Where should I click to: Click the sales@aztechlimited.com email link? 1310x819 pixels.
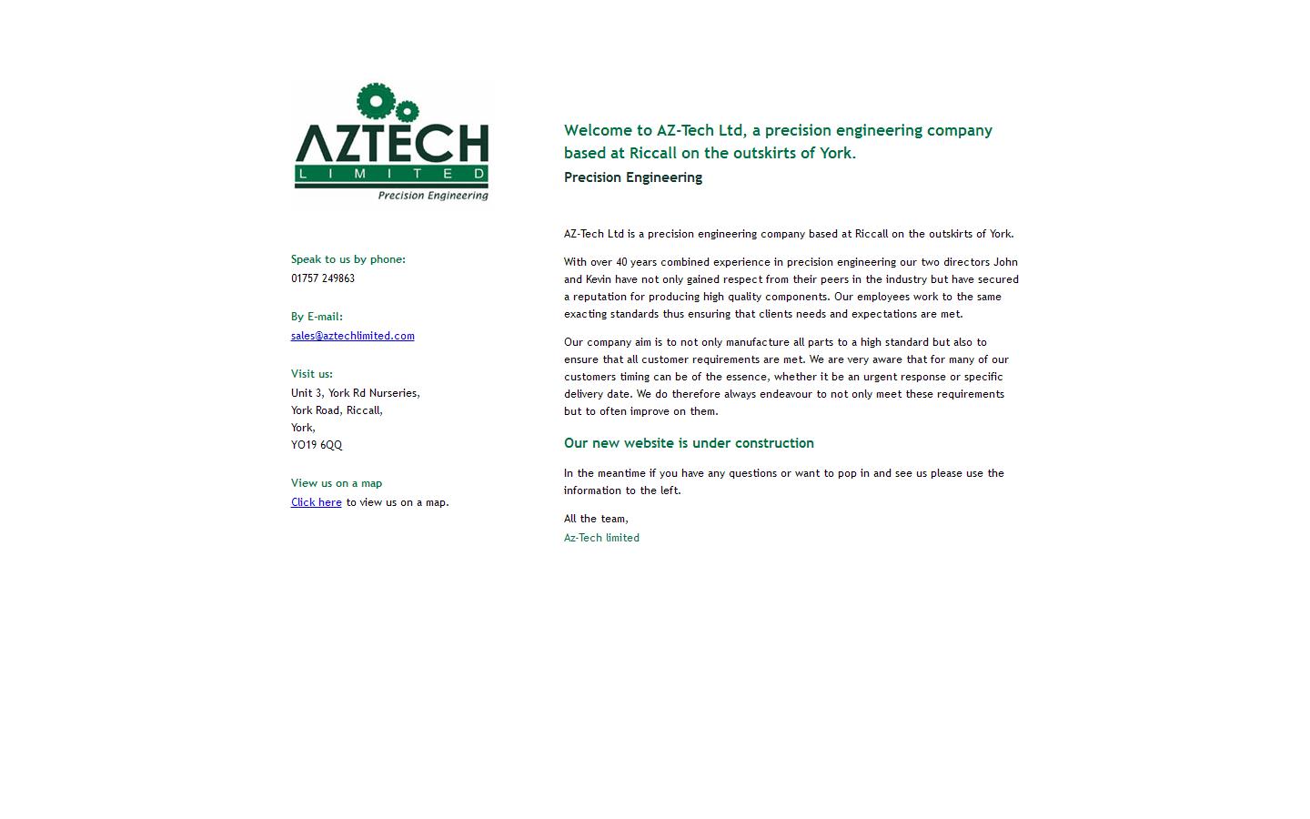352,336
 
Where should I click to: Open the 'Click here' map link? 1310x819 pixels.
316,502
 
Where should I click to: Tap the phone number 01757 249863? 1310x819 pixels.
323,278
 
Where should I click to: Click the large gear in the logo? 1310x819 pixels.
374,101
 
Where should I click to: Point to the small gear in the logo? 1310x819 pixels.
406,112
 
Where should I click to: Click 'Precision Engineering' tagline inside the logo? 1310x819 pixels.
433,195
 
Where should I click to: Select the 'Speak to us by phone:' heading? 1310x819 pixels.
348,259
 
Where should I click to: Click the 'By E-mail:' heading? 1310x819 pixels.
317,317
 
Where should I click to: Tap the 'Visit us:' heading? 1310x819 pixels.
312,374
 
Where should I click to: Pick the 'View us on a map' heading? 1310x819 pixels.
337,483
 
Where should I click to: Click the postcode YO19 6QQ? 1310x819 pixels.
317,445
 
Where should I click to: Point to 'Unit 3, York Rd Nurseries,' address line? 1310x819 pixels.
356,393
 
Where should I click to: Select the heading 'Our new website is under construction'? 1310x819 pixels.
689,443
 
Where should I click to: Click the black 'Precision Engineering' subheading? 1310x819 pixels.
633,177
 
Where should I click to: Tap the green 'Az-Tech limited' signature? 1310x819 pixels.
601,538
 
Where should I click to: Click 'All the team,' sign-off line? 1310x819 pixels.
596,519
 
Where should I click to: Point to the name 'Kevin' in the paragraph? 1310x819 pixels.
599,279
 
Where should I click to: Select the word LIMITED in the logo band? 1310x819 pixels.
391,174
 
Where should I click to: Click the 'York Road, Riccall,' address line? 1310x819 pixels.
337,410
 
